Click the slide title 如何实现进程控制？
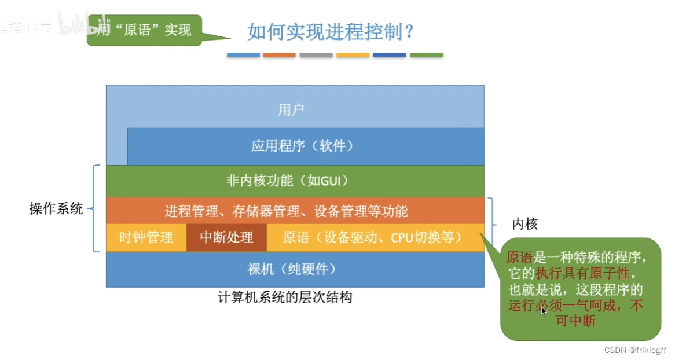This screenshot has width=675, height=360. point(331,31)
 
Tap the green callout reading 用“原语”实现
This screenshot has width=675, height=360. point(145,30)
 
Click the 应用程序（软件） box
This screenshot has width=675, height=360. point(302,146)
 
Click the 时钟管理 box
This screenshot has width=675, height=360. point(146,237)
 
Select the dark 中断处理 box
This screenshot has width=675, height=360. point(226,237)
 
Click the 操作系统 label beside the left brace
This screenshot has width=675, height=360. point(56,208)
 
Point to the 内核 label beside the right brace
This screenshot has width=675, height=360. point(525,224)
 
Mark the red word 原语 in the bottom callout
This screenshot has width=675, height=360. point(519,256)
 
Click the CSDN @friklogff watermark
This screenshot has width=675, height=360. point(635,350)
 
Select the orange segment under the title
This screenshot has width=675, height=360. point(280,55)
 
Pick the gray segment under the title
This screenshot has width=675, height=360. point(316,55)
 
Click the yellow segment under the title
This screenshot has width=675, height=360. point(353,55)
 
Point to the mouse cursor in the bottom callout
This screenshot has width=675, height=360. point(544,310)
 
